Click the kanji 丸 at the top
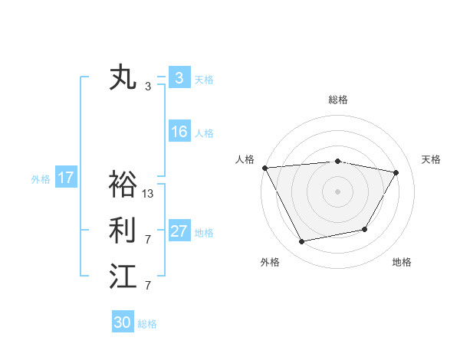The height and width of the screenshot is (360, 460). [x=123, y=78]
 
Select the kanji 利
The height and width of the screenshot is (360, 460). [x=123, y=230]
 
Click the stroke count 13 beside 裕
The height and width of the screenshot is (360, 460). [x=148, y=194]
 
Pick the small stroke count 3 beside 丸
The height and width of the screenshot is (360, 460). [x=148, y=87]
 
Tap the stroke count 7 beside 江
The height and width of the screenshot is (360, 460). [x=148, y=286]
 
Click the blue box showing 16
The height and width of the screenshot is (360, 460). [x=179, y=132]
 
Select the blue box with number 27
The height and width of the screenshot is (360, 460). [x=179, y=231]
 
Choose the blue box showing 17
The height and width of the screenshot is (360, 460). [x=66, y=178]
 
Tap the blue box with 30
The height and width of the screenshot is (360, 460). [x=122, y=322]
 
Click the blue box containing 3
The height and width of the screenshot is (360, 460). [x=179, y=77]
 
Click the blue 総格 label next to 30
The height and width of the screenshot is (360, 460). [x=147, y=324]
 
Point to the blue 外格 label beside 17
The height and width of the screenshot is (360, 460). [x=41, y=179]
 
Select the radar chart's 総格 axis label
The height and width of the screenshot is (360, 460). [x=338, y=100]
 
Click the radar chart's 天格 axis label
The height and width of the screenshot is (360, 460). [x=431, y=159]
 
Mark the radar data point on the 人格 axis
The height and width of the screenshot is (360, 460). [x=264, y=167]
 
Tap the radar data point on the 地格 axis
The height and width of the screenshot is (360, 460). [x=365, y=229]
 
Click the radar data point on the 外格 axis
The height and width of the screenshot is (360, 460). [x=302, y=242]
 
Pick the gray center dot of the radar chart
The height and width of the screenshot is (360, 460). [x=338, y=191]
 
